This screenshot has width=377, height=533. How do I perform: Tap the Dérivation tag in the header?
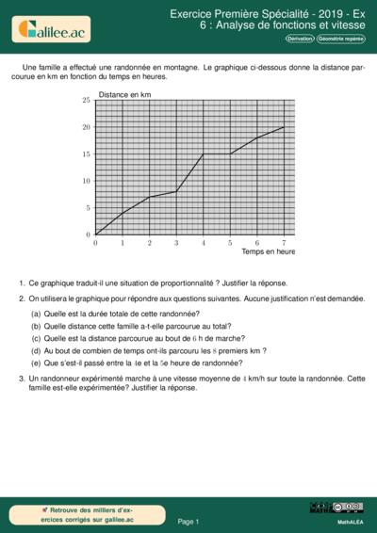coord(300,39)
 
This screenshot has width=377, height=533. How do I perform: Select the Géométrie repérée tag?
coord(340,39)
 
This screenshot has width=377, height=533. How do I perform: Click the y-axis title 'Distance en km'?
coord(124,95)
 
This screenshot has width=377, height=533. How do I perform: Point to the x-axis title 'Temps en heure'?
coord(269,251)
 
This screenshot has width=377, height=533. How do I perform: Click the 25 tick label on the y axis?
coord(86,100)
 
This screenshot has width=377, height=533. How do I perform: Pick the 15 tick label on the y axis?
coord(86,154)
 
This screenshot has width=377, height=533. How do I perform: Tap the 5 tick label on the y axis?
coord(88,208)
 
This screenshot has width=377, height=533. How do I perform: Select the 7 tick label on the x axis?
coord(284,243)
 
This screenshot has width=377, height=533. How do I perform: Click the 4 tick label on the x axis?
coord(203,243)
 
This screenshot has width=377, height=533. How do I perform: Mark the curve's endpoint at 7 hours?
coord(284,127)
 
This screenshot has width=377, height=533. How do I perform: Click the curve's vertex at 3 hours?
coord(176,192)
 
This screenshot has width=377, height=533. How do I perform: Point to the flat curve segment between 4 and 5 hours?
coord(217,154)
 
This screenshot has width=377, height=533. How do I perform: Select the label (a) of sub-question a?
coord(36,313)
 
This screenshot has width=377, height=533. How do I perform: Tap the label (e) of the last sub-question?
coord(36,362)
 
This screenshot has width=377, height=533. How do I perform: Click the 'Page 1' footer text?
coord(188,521)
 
